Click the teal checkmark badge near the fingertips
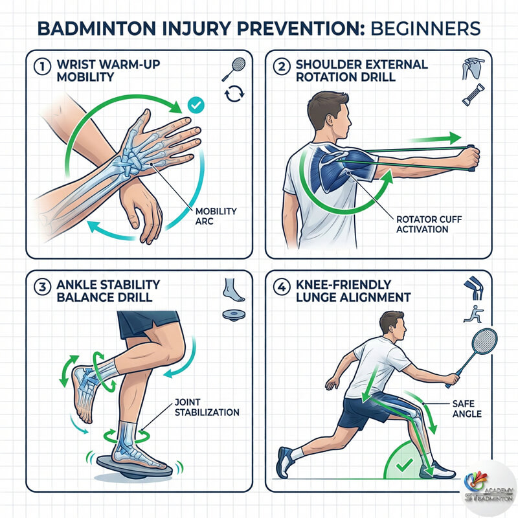(x=194, y=104)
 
